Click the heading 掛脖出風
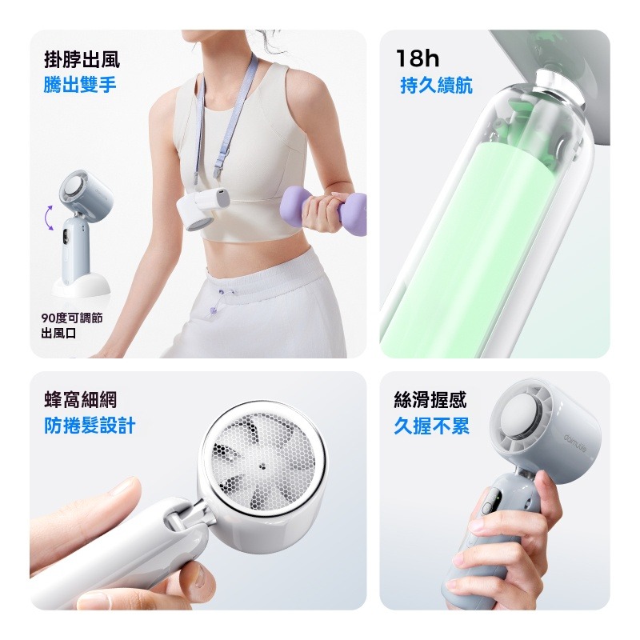click(83, 58)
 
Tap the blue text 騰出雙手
click(80, 84)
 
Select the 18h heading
click(419, 58)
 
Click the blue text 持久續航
click(436, 86)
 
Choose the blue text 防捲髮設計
click(90, 426)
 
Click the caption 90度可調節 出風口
click(71, 325)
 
